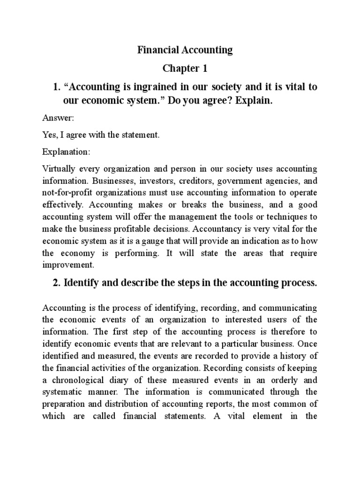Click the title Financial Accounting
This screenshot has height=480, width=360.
185,51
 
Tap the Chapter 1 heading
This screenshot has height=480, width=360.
185,69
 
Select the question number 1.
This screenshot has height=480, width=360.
56,88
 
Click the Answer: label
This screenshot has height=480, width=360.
55,119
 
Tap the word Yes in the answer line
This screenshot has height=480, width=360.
49,135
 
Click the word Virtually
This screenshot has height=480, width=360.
59,169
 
